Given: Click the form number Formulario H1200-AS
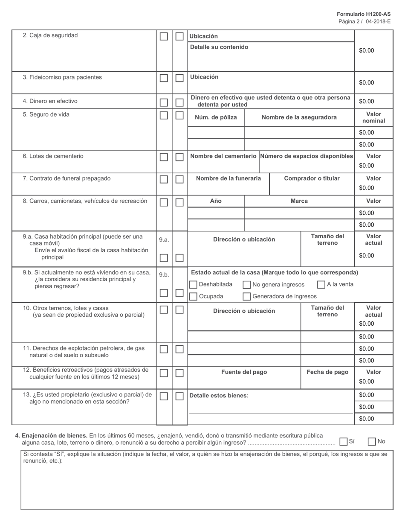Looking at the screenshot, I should (x=363, y=14).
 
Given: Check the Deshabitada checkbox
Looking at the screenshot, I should (x=193, y=285).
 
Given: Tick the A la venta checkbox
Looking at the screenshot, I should (x=321, y=285).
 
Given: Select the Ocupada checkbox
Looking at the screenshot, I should (x=193, y=297).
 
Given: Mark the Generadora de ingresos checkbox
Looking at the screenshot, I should (x=246, y=297).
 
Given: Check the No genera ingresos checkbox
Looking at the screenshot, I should (x=246, y=285).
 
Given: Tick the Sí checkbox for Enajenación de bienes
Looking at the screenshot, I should (x=344, y=442).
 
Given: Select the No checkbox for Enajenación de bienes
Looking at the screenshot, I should (x=372, y=442).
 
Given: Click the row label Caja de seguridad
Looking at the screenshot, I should (x=53, y=35).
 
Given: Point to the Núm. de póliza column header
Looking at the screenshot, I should (x=216, y=117).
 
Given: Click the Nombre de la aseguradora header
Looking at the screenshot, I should (x=299, y=117).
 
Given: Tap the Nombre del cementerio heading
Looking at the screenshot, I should (x=223, y=156).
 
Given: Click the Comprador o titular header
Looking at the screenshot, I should (x=312, y=178).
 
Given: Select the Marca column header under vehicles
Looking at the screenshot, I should (x=299, y=201).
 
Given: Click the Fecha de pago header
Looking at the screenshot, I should (x=327, y=372).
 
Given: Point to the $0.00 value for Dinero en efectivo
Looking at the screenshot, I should (x=366, y=102).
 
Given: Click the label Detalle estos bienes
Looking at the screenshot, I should (x=219, y=396).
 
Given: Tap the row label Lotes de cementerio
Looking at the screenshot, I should (x=56, y=156).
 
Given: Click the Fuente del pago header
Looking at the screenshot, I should (x=244, y=372).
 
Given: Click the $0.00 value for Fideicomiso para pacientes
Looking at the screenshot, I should (x=366, y=83).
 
